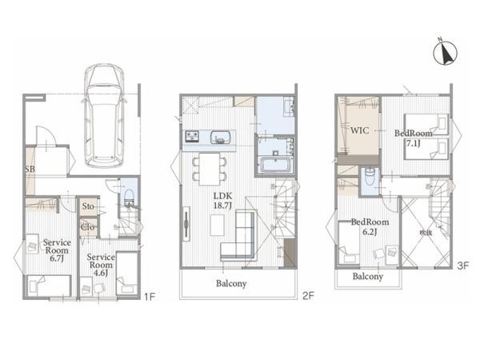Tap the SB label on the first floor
point(30,170)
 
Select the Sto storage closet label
point(90,207)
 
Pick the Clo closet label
point(90,226)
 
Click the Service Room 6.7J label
point(57,250)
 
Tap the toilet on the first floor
point(126,195)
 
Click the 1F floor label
point(149,296)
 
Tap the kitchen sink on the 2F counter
point(220,138)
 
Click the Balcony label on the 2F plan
point(230,283)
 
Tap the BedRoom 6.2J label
point(369,226)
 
